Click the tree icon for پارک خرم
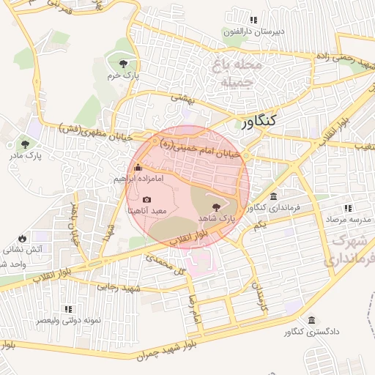[131, 63]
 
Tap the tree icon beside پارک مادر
[26, 144]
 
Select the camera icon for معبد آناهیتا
[146, 199]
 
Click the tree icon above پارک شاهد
[215, 207]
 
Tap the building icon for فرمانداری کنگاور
[273, 196]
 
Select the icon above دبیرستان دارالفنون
[253, 21]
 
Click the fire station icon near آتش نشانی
[23, 238]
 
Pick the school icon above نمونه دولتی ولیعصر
[68, 310]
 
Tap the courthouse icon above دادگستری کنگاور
[313, 321]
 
